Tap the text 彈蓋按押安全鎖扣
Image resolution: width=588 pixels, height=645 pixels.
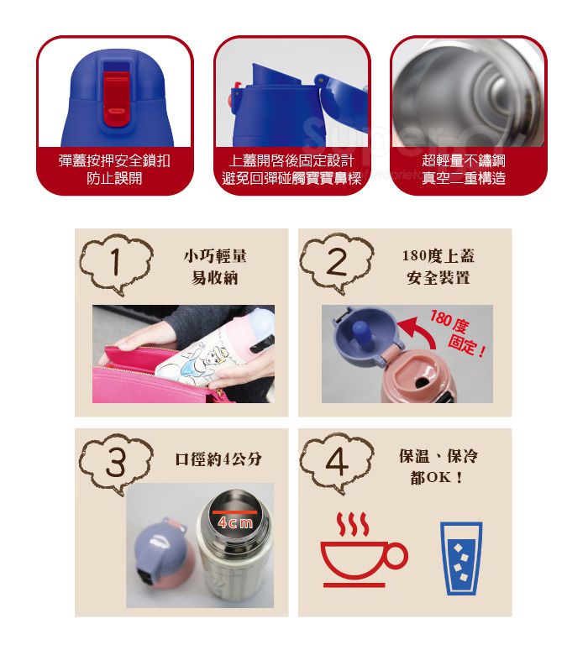(114, 160)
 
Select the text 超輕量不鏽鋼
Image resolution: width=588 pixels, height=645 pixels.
(464, 160)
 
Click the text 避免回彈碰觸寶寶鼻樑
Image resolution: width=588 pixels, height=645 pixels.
(291, 178)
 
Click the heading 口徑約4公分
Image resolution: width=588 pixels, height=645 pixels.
(218, 459)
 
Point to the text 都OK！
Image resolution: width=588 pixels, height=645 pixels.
(438, 478)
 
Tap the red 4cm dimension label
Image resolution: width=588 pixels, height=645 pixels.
(234, 523)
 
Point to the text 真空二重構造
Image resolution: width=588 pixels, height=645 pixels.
(464, 178)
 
